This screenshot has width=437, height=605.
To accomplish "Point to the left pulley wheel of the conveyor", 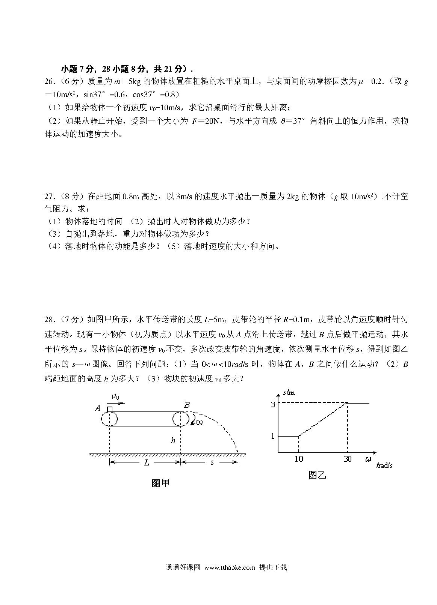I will click(x=109, y=419).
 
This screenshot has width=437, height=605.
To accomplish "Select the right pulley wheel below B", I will click(x=181, y=419).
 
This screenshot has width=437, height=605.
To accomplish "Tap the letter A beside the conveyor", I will click(x=98, y=408).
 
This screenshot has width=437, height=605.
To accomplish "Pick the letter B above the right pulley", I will click(x=187, y=405).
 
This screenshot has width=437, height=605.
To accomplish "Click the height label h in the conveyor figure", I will click(x=173, y=440).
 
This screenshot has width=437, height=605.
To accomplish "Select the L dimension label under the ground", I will click(x=146, y=463).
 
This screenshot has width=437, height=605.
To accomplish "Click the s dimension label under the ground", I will click(x=212, y=463).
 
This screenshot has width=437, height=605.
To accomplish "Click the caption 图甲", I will click(x=160, y=483).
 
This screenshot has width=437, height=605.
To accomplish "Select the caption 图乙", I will click(x=317, y=475).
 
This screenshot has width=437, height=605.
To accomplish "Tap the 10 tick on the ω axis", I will click(x=299, y=459).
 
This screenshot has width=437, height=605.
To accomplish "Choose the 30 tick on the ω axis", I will click(x=348, y=459).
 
